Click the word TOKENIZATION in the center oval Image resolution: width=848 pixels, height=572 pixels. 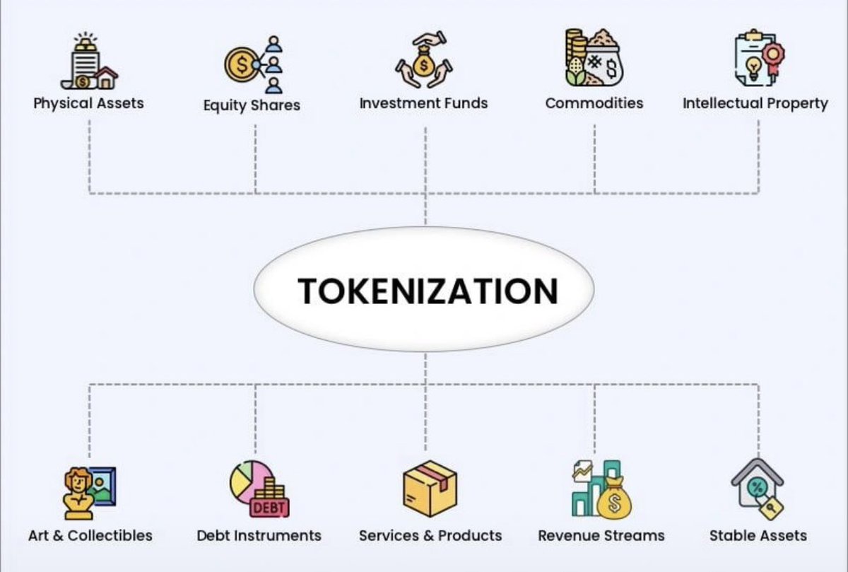pyautogui.click(x=428, y=291)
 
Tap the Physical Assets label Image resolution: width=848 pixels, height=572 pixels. pyautogui.click(x=88, y=103)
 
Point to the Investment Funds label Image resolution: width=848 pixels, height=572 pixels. pyautogui.click(x=423, y=103)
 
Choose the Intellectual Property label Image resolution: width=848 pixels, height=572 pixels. pyautogui.click(x=755, y=103)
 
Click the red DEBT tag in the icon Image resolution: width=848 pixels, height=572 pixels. pyautogui.click(x=269, y=508)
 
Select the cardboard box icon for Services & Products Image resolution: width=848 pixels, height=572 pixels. pyautogui.click(x=430, y=489)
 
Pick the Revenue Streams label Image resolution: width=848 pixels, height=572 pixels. pyautogui.click(x=601, y=535)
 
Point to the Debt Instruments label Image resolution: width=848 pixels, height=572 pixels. pyautogui.click(x=259, y=535)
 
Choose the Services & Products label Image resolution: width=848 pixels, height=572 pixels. pyautogui.click(x=430, y=535)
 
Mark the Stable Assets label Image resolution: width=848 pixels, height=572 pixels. pyautogui.click(x=758, y=535)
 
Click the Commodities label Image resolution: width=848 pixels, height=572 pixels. pyautogui.click(x=594, y=103)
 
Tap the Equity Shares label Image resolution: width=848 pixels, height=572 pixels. pyautogui.click(x=252, y=105)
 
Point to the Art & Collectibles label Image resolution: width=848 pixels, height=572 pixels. pyautogui.click(x=90, y=535)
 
